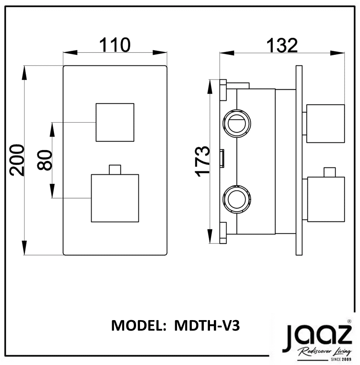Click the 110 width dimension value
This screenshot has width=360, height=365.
[x=115, y=45]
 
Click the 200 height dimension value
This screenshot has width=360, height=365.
[x=17, y=160]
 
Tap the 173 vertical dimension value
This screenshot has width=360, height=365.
[x=203, y=161]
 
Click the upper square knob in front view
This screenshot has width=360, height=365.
[x=115, y=122]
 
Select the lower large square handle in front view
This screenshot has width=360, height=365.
[x=115, y=198]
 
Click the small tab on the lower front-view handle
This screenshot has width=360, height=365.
[x=115, y=170]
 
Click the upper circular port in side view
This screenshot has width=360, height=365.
[x=237, y=123]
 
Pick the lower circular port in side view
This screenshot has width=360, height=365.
[x=237, y=199]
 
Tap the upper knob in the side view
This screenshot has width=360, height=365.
[x=325, y=123]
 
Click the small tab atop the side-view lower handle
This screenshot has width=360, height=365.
[x=329, y=172]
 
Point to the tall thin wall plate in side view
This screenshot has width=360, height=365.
[x=299, y=160]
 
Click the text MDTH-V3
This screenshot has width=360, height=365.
[x=207, y=326]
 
